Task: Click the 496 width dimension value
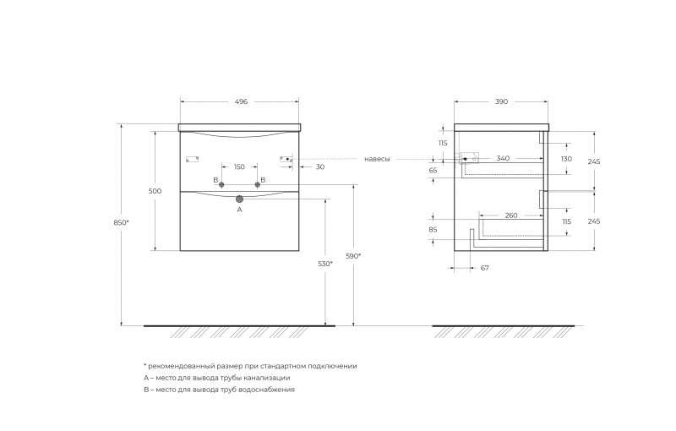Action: (x=241, y=101)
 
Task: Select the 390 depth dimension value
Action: (x=501, y=101)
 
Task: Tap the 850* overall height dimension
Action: (x=121, y=222)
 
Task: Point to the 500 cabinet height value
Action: (x=155, y=191)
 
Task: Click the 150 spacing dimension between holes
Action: (x=239, y=166)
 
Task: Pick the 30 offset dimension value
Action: (x=320, y=166)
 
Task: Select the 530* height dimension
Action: (x=325, y=264)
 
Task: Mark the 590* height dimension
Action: (x=353, y=255)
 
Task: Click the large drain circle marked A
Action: (x=239, y=199)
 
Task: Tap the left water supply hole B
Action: (x=221, y=184)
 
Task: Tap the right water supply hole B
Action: (x=258, y=184)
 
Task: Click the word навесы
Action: (x=377, y=159)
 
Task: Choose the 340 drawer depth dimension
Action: (x=503, y=158)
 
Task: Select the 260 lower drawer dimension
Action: (x=511, y=215)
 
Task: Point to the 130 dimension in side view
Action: (x=566, y=159)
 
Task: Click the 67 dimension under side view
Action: (x=484, y=268)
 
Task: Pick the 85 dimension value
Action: (x=433, y=230)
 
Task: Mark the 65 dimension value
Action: (x=433, y=170)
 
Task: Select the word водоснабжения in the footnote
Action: (x=266, y=390)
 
